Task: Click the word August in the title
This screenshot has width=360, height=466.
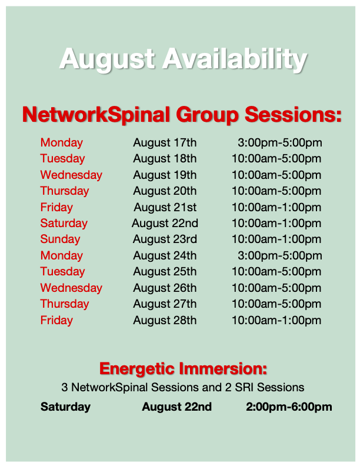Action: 107,59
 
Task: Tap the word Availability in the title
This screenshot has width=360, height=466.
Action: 235,59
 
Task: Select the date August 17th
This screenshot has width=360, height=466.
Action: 165,142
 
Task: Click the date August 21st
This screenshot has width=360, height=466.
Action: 165,208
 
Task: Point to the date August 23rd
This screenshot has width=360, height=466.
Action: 165,239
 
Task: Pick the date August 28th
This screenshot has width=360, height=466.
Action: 165,320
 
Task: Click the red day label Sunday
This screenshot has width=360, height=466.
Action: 61,239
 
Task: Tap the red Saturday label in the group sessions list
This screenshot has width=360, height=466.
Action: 64,224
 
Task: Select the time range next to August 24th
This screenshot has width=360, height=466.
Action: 280,255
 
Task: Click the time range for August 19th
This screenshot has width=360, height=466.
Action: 276,175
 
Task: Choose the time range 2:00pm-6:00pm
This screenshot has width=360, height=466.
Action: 289,407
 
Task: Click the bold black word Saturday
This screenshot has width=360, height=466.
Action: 65,407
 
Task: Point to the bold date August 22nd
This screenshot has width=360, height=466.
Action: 176,407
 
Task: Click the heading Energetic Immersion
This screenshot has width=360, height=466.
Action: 183,369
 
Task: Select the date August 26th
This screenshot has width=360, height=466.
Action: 165,288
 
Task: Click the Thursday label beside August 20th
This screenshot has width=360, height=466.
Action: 65,191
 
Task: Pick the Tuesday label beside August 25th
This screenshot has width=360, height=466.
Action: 63,272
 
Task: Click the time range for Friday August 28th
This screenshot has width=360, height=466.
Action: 276,320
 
